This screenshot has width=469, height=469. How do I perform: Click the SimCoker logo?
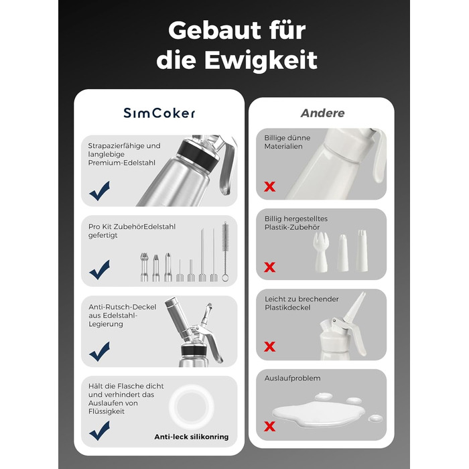point(159,113)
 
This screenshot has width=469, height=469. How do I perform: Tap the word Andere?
point(322,113)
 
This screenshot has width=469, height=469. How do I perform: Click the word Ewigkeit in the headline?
point(261,60)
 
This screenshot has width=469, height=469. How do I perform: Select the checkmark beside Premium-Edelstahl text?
point(100,191)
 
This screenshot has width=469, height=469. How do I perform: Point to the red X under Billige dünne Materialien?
point(270,187)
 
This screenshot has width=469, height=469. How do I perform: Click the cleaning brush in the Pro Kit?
point(225,251)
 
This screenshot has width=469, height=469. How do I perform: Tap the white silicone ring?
point(192,407)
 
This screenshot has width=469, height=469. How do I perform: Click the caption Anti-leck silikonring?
point(192,437)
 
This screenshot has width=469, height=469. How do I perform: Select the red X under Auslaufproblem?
point(270,426)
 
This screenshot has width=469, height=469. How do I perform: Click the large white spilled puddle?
point(318,413)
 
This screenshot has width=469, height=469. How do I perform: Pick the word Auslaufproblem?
point(293,379)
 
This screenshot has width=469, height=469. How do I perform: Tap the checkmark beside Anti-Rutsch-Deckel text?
point(100,351)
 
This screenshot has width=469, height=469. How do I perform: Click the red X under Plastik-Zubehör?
point(270,267)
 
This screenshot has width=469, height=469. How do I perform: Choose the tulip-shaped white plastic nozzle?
point(321,252)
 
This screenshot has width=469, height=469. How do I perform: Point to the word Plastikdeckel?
point(287,308)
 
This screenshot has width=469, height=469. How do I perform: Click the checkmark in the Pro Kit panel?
point(100,269)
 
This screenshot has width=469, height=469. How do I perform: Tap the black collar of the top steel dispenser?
point(198,154)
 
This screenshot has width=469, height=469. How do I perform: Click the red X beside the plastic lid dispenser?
point(270,347)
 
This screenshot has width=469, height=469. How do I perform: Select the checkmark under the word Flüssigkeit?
point(100,431)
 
